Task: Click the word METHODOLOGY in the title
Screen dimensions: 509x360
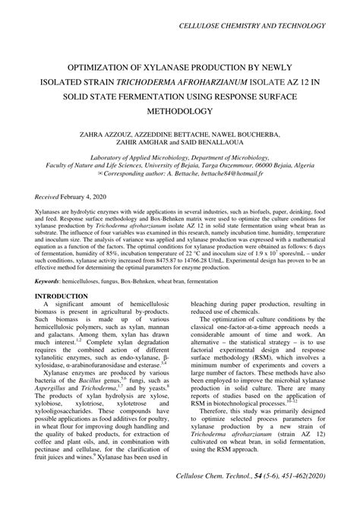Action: pyautogui.click(x=178, y=110)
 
